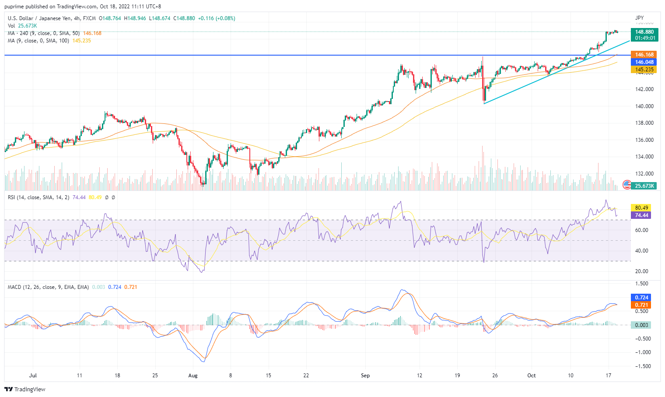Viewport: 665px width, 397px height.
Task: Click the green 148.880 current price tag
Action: [644, 32]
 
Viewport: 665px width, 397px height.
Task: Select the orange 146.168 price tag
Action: [644, 55]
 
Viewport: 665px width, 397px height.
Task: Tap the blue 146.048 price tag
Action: [644, 62]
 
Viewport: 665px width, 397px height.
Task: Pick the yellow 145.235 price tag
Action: [644, 70]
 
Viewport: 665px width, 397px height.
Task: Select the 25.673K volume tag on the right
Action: [644, 186]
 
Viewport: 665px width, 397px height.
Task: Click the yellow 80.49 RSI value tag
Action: [641, 208]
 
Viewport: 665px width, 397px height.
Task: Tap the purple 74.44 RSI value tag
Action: [641, 215]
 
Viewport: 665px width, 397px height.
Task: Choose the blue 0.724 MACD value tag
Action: [641, 298]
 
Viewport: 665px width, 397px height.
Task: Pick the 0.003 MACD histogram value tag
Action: [641, 325]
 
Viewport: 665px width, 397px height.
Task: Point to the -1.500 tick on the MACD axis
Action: [643, 366]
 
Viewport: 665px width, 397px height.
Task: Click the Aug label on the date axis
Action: [193, 376]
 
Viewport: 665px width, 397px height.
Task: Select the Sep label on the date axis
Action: [365, 376]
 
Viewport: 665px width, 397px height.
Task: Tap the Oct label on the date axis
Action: [532, 376]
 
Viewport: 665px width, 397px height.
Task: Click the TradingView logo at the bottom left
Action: [25, 389]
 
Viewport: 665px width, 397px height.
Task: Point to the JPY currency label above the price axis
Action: [640, 18]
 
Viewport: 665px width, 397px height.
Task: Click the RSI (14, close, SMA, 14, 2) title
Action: [39, 197]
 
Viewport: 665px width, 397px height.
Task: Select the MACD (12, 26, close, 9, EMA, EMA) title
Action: [48, 287]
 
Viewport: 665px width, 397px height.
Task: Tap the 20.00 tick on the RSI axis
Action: [641, 271]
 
